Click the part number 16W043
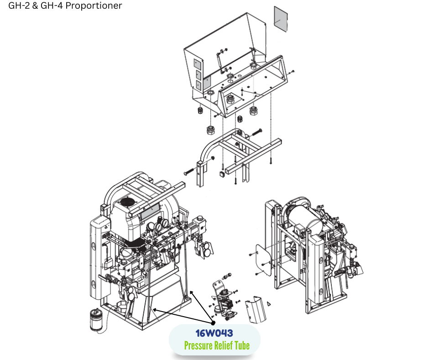pyautogui.click(x=214, y=333)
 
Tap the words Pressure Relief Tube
pyautogui.click(x=217, y=345)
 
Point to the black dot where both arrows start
pyautogui.click(x=213, y=323)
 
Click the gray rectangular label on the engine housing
pyautogui.click(x=150, y=210)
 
